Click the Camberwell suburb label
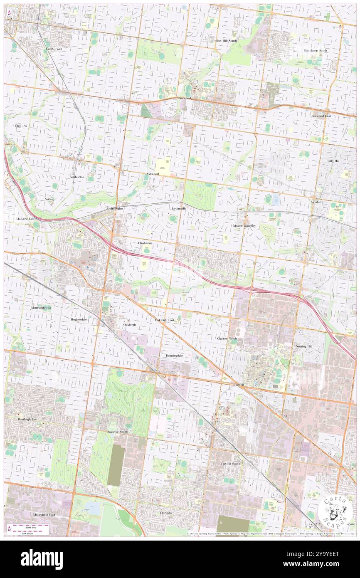54,49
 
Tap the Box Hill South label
226,41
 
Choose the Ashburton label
77,177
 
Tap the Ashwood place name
153,174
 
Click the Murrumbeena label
41,308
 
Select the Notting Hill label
304,346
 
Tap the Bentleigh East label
27,420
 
